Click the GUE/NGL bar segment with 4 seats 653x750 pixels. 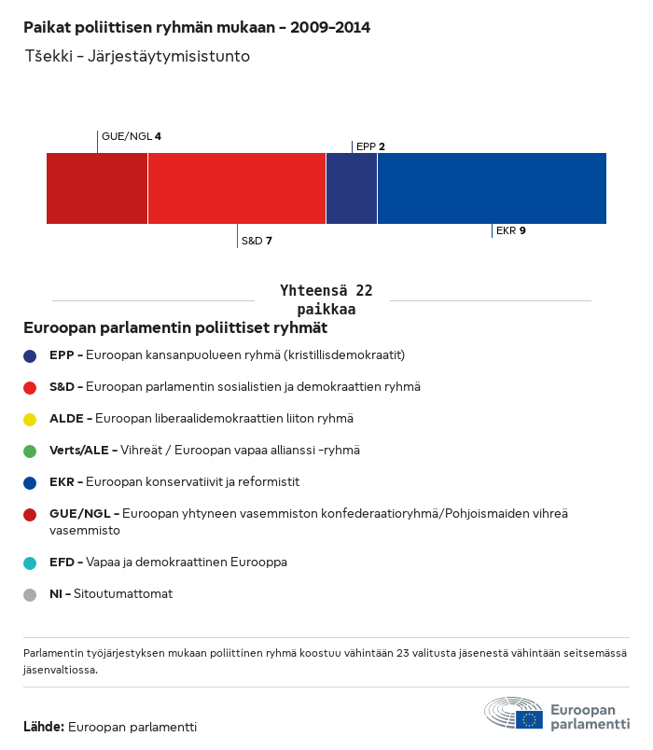(x=97, y=188)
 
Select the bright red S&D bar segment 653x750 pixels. (x=237, y=188)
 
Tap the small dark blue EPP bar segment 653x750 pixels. (x=352, y=188)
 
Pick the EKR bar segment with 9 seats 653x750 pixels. (x=492, y=188)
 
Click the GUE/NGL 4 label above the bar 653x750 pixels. (x=132, y=137)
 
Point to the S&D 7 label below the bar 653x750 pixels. (x=257, y=241)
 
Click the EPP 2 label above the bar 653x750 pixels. (x=370, y=146)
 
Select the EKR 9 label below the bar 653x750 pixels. (x=510, y=230)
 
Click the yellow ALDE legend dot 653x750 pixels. (x=31, y=419)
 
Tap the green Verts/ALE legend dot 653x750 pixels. (x=31, y=451)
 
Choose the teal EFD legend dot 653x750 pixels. (x=31, y=562)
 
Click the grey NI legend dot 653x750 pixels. (x=31, y=594)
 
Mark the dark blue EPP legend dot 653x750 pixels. (x=31, y=355)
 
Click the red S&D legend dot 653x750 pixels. (x=31, y=387)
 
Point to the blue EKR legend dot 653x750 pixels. (x=31, y=482)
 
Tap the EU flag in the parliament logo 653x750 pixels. (x=530, y=719)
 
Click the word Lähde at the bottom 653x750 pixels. (x=43, y=727)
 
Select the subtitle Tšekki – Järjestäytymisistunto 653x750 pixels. (x=136, y=56)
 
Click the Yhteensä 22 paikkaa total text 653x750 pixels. (x=326, y=299)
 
